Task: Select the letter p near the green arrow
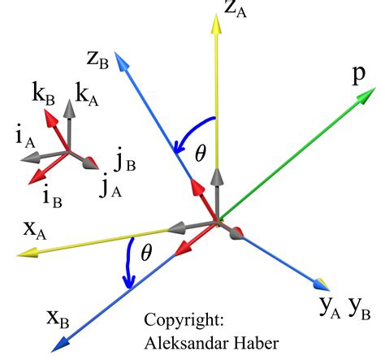[357, 75]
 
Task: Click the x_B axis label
[37, 315]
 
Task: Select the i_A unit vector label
[23, 138]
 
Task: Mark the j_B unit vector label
[124, 163]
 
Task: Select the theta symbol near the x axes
[146, 253]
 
